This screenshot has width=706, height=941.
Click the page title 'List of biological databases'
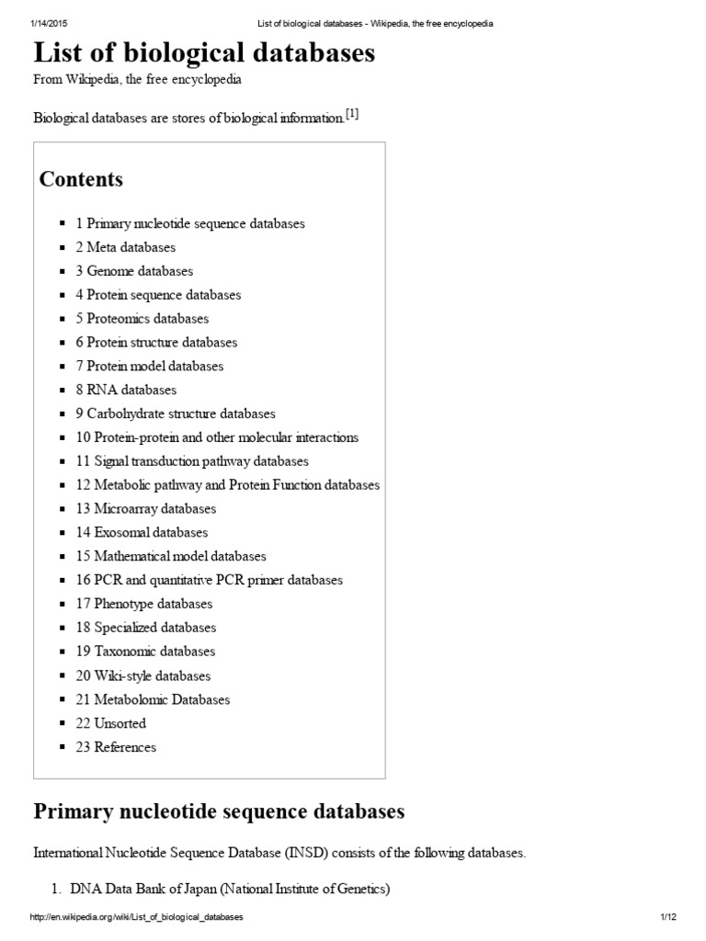point(204,53)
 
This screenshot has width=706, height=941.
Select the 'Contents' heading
point(81,179)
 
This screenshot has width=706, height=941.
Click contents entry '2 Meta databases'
point(125,247)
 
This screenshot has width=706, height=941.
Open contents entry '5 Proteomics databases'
point(142,319)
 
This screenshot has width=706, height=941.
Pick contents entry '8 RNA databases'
point(126,390)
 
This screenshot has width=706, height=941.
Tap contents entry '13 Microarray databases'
point(145,508)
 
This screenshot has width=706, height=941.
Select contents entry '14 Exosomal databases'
point(142,532)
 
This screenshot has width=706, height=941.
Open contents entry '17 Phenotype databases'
point(143,604)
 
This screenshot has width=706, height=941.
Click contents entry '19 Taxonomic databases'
point(145,652)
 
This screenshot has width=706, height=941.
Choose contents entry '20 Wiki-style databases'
point(142,675)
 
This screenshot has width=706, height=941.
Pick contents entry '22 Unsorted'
point(110,723)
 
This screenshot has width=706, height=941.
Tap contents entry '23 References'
point(116,747)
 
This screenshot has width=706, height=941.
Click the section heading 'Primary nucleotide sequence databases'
point(219,812)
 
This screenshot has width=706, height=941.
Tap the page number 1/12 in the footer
point(667,918)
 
